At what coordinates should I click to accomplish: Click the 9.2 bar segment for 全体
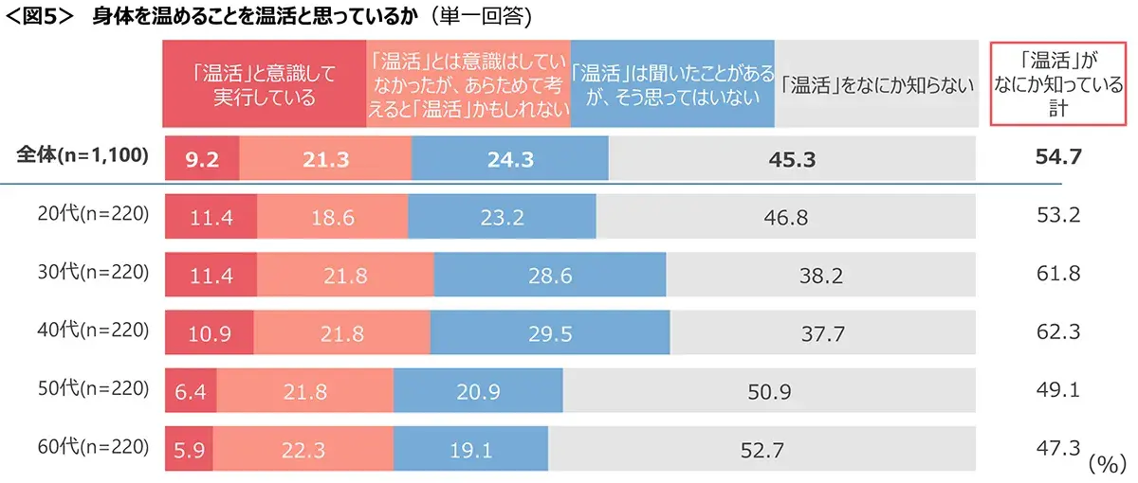click(202, 158)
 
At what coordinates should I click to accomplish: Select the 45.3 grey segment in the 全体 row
click(792, 158)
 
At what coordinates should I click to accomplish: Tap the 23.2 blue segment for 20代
click(502, 217)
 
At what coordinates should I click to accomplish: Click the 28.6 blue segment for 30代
click(549, 275)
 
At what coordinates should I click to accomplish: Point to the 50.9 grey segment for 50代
click(768, 391)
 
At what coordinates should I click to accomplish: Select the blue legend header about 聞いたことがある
click(672, 84)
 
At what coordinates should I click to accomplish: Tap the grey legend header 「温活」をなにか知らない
click(876, 84)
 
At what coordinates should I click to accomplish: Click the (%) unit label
click(1105, 464)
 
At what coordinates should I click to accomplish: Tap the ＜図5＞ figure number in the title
click(40, 17)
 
